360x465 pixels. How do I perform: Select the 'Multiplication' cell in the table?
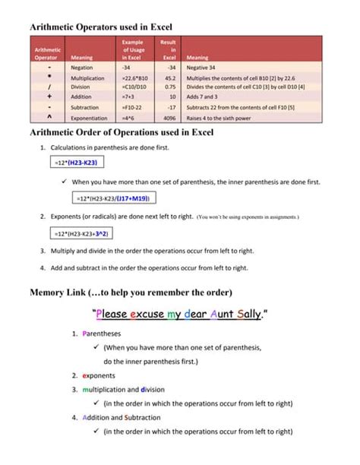(87, 77)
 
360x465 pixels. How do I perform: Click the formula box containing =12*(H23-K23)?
(79, 163)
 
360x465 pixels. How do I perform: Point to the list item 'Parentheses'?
(103, 334)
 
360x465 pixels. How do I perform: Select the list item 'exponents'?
(99, 375)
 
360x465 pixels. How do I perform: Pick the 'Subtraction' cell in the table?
(84, 107)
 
